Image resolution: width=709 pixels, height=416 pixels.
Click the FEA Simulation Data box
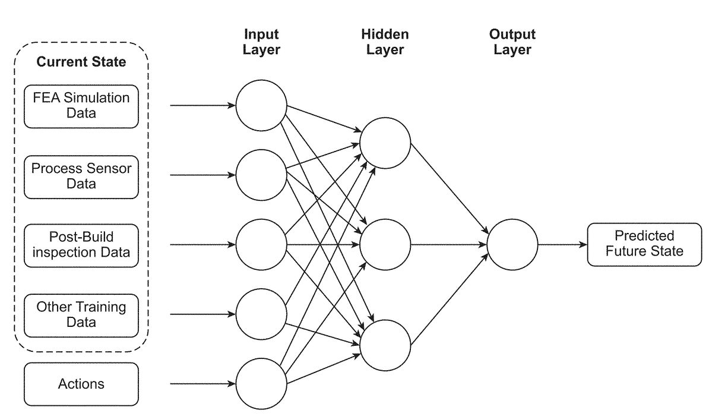click(x=81, y=106)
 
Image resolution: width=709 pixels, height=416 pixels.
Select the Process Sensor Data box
click(x=81, y=176)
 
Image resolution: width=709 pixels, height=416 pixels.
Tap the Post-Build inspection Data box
click(x=81, y=245)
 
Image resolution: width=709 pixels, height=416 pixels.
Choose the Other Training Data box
click(x=81, y=314)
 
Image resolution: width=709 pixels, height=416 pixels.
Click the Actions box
click(x=81, y=384)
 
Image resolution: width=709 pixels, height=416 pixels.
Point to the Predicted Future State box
click(x=644, y=244)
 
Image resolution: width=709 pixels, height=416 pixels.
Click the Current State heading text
click(x=81, y=62)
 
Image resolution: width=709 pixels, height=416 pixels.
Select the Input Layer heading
click(x=261, y=42)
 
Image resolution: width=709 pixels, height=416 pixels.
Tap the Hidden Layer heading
click(x=385, y=42)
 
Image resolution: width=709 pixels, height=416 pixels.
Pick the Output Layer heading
click(x=512, y=42)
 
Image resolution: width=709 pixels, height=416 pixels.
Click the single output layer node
click(x=512, y=244)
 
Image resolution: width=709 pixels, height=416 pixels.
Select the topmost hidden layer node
click(x=385, y=144)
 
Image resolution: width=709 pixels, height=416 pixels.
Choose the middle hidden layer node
click(x=385, y=244)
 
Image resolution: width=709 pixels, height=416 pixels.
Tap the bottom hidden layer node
click(x=385, y=345)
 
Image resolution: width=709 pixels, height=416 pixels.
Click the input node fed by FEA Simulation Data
click(x=261, y=106)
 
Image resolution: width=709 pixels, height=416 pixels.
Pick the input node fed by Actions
click(x=261, y=384)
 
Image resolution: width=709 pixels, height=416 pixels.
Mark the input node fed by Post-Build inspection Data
click(x=261, y=245)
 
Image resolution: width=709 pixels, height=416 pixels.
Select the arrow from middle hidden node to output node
click(x=448, y=244)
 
